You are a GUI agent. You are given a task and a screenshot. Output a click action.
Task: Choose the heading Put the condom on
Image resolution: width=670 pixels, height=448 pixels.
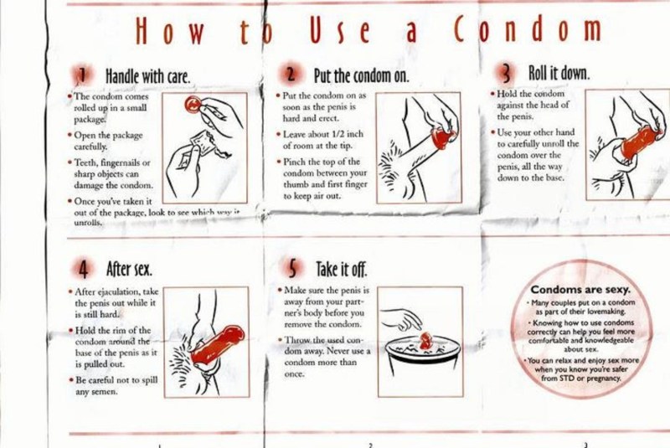point(360,77)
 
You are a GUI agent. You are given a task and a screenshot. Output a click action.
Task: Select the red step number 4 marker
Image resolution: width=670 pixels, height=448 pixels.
point(84,270)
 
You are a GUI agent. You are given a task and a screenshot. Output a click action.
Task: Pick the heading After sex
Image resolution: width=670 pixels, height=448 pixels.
point(128,270)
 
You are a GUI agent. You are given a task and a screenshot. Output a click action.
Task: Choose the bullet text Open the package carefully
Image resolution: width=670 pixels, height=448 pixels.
point(109,140)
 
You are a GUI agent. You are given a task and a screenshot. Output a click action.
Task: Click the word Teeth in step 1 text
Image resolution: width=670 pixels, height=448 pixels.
point(88,162)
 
